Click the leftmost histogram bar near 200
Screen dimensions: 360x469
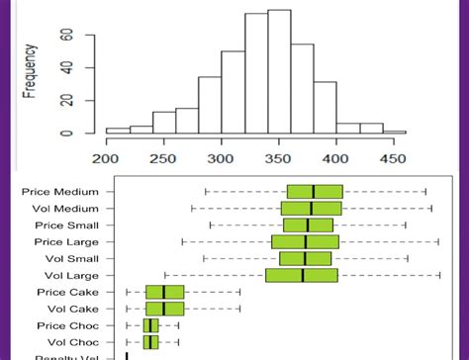coord(117,130)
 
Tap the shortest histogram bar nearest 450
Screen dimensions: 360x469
coord(394,131)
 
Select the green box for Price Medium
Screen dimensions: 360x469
coord(315,192)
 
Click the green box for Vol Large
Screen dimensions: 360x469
coord(301,275)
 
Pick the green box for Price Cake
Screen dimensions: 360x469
coord(164,292)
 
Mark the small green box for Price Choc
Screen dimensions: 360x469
coord(150,324)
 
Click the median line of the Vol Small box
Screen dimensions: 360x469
coord(305,258)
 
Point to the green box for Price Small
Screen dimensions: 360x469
coord(308,225)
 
